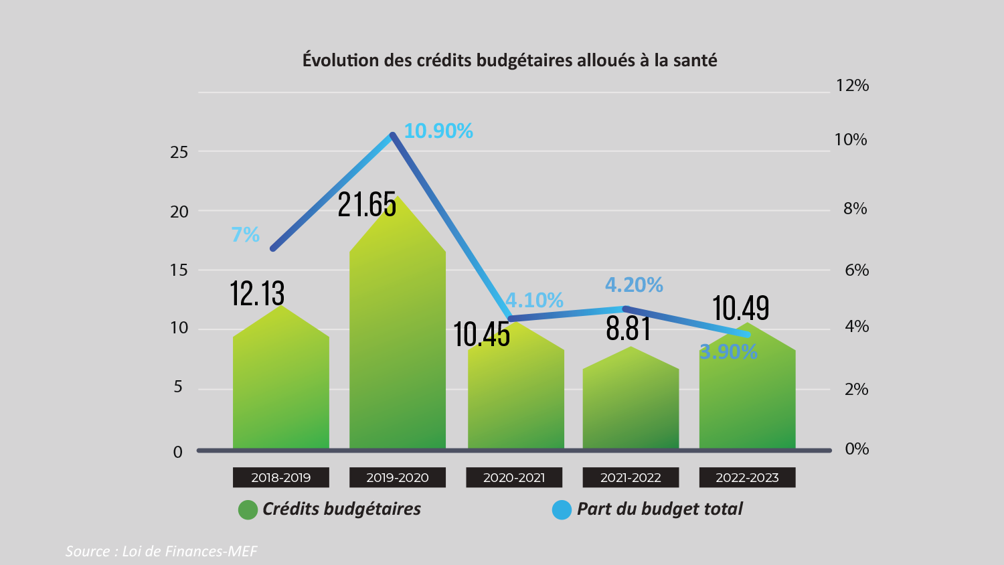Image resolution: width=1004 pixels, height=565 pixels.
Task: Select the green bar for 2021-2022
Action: click(x=631, y=402)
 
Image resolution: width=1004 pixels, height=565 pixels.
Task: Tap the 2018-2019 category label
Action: click(x=281, y=477)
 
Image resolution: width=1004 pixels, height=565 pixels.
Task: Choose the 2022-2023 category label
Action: click(x=747, y=477)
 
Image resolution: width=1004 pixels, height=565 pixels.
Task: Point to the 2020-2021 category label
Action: click(x=514, y=477)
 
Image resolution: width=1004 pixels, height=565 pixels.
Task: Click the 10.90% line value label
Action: click(x=438, y=131)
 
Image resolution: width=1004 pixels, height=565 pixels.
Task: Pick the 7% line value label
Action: click(x=245, y=234)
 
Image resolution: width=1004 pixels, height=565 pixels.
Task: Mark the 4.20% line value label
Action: click(x=634, y=285)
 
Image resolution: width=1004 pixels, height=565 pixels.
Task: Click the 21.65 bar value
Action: click(x=367, y=204)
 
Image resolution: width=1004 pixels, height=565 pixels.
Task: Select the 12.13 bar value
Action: click(x=257, y=293)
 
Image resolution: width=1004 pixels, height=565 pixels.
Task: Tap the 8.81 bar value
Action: click(x=629, y=328)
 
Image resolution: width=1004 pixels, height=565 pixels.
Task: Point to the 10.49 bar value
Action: click(x=740, y=308)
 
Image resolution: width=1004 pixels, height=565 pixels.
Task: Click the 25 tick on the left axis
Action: click(x=179, y=152)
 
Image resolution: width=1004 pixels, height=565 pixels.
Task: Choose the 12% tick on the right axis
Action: click(x=852, y=85)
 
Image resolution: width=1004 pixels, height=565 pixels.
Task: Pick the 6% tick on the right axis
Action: click(x=856, y=270)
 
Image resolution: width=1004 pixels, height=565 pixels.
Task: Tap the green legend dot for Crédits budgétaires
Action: click(x=248, y=509)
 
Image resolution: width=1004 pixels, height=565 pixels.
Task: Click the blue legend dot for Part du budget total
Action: click(x=562, y=509)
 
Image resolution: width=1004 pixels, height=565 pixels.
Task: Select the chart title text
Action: click(x=509, y=60)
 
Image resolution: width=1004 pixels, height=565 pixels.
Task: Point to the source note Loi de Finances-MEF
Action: click(x=161, y=551)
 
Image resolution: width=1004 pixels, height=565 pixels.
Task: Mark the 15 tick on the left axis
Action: click(x=179, y=270)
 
